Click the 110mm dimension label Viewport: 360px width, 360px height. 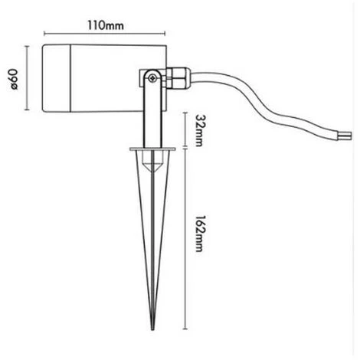click(x=106, y=25)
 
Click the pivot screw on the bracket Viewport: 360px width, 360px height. click(x=154, y=77)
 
